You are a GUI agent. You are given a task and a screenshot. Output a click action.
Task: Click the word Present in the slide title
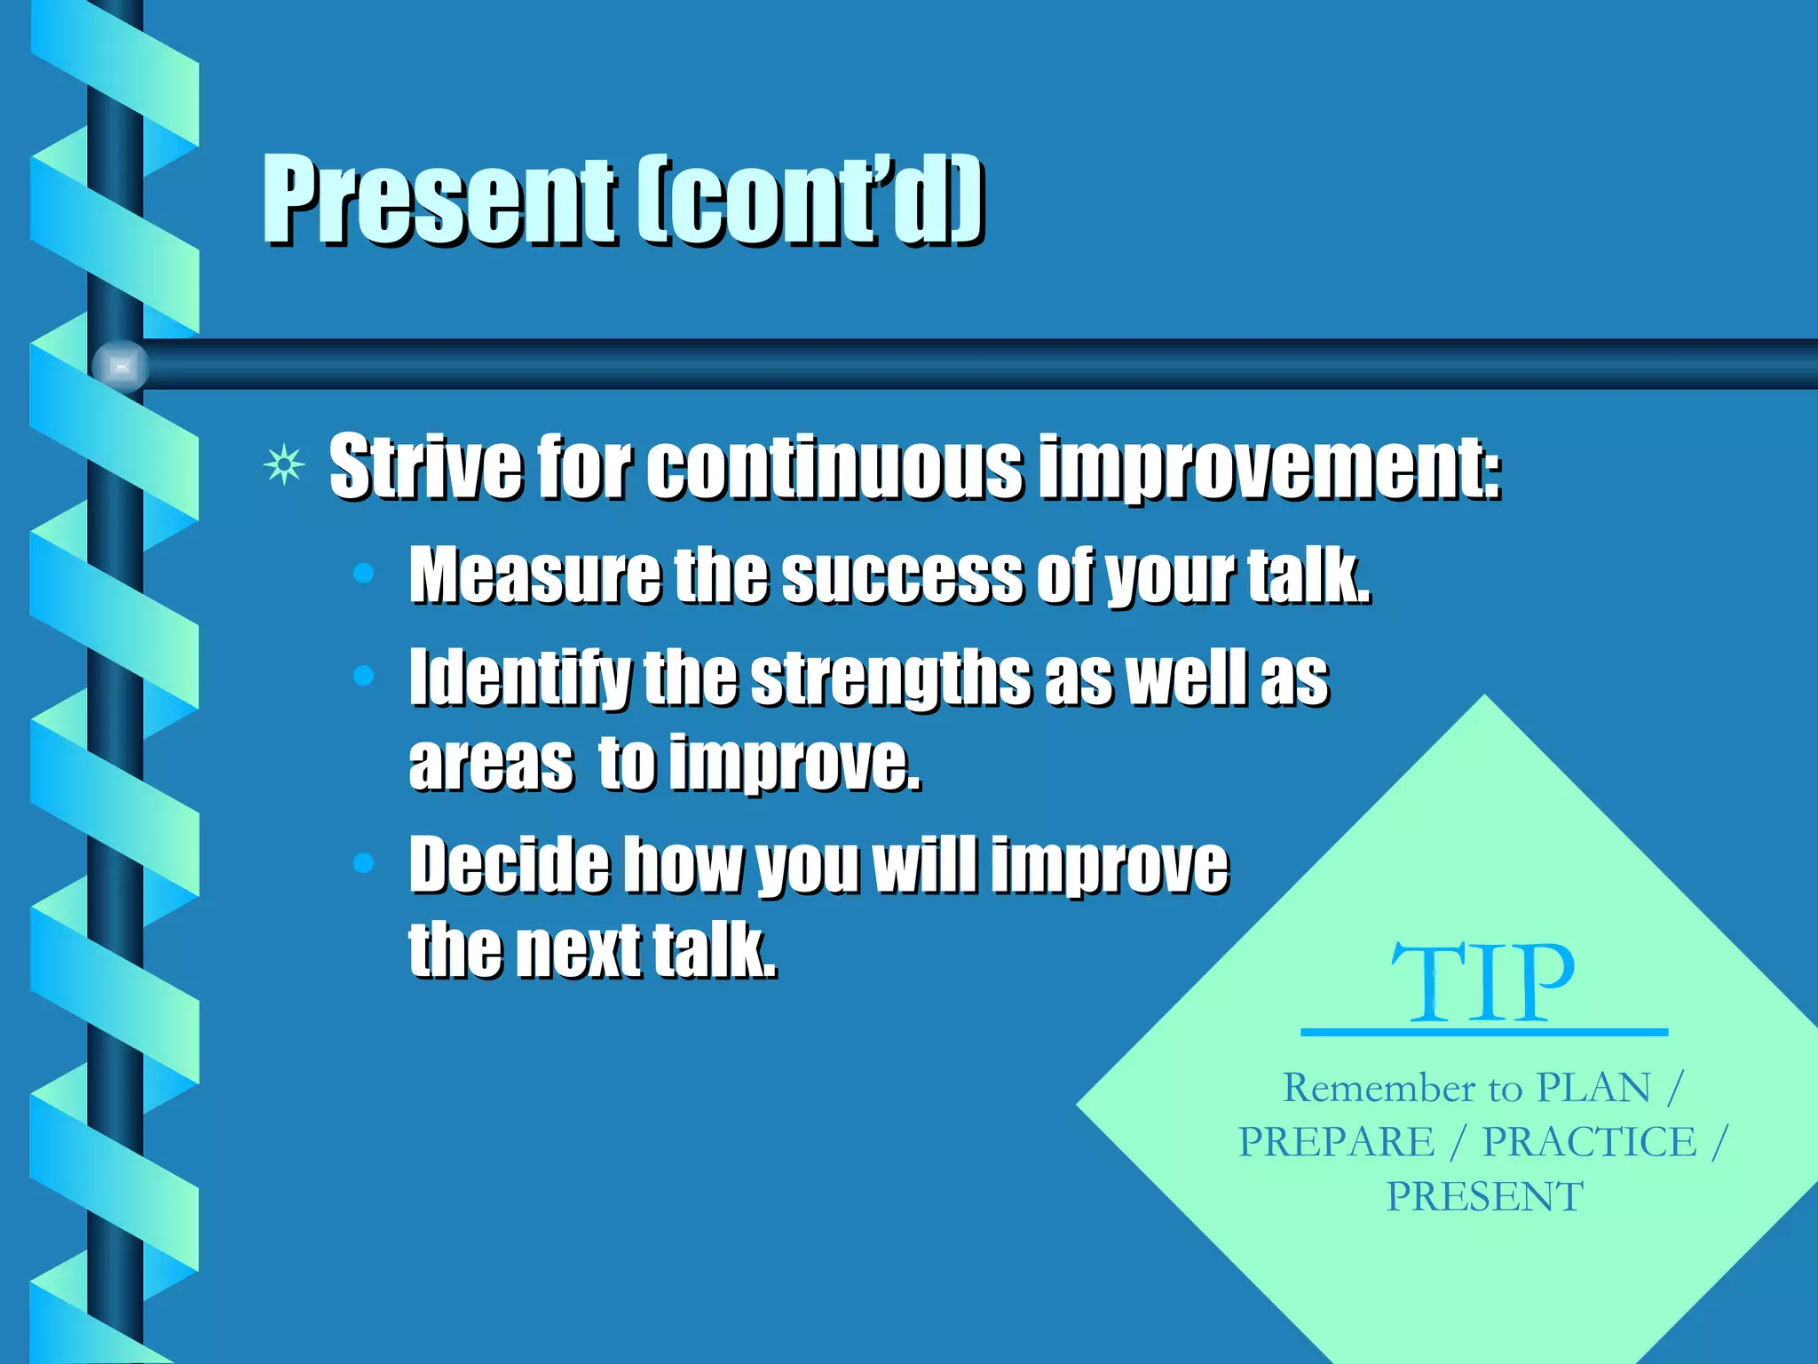click(438, 200)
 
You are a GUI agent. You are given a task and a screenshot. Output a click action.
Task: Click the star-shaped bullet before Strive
click(284, 465)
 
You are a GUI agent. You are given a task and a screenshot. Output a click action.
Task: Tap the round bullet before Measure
click(363, 575)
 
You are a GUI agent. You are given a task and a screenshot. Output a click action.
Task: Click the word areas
click(491, 764)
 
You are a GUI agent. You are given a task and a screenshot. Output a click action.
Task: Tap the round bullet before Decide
click(363, 862)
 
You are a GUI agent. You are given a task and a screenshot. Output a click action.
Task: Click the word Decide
click(509, 864)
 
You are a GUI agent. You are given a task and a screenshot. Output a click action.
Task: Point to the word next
click(578, 950)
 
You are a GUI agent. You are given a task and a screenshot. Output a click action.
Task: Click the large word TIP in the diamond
click(1483, 984)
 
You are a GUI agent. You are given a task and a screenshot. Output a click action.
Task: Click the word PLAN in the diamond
click(1593, 1088)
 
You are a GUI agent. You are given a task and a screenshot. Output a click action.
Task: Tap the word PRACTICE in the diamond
click(1589, 1142)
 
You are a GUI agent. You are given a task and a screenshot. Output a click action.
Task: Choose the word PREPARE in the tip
click(1336, 1142)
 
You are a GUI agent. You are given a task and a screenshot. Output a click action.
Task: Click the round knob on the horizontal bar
click(121, 365)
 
